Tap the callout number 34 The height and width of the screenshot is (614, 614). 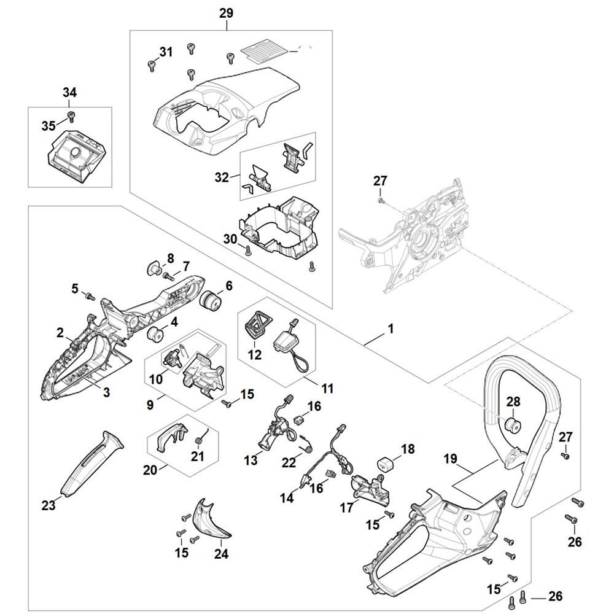click(x=69, y=93)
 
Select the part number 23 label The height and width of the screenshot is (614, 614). click(x=49, y=505)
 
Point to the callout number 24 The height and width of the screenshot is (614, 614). click(x=221, y=554)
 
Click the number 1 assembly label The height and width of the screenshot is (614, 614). click(x=390, y=330)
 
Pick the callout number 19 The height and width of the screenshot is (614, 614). click(x=450, y=458)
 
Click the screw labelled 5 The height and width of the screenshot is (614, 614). click(x=89, y=297)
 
